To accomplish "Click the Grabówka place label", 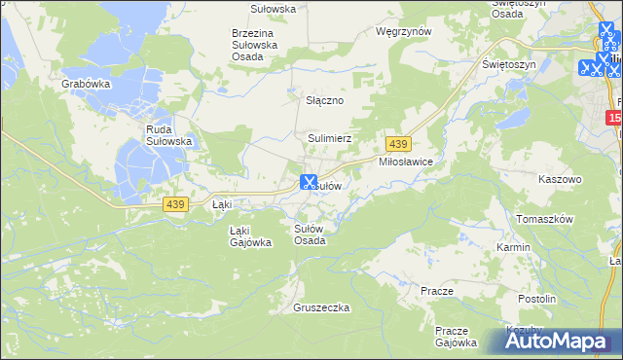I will [86, 85].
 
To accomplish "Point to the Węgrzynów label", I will [403, 31].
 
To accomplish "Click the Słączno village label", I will [326, 100].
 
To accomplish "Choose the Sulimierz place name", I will [330, 139].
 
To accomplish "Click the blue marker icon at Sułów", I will [309, 181].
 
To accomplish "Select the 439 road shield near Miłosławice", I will [395, 144].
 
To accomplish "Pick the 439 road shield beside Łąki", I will [175, 203].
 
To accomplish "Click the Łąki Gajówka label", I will [249, 236].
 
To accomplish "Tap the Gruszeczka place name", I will [320, 307].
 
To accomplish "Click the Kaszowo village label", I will [560, 180].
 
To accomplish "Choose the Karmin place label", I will [513, 247].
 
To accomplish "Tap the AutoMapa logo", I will [561, 341].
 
